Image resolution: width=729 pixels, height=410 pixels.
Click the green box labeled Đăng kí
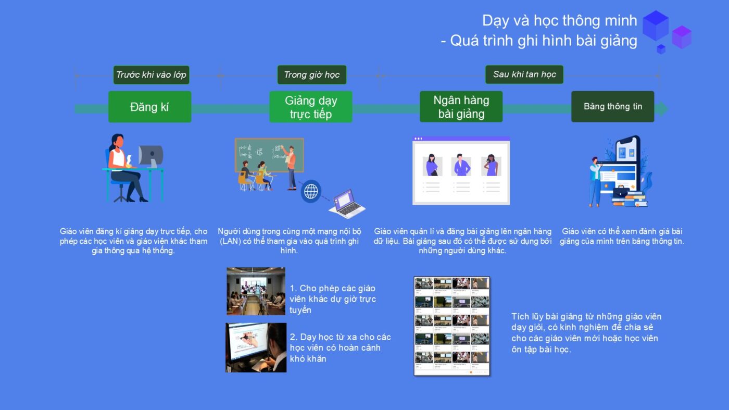pos(150,107)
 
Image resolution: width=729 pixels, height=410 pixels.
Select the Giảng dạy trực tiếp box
pos(311,107)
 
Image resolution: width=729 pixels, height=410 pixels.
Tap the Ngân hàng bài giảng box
pos(461,106)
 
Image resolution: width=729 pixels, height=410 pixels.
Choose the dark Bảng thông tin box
pos(613,106)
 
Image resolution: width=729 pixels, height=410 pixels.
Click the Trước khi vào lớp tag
pos(152,75)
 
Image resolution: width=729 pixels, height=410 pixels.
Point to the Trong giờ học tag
pos(312,75)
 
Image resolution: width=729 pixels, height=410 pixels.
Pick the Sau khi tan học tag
pos(524,74)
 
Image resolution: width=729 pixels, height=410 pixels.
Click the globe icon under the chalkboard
pos(311,191)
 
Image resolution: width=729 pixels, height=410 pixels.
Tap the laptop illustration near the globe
pos(347,204)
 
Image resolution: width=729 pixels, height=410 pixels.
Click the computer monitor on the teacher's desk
pos(150,156)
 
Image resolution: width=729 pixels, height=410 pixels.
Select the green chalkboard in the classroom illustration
pos(269,155)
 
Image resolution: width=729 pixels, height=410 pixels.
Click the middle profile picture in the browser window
pos(461,166)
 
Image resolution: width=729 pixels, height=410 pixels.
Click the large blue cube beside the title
pos(656,26)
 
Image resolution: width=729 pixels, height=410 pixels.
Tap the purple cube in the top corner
pos(682,37)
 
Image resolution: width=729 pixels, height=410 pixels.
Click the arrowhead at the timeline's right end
pos(662,109)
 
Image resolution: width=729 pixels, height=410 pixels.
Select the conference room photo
pos(256,291)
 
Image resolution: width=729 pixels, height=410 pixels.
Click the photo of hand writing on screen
pos(256,347)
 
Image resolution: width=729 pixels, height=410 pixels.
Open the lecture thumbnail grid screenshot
pos(452,326)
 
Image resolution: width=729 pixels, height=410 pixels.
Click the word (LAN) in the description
pos(230,241)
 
